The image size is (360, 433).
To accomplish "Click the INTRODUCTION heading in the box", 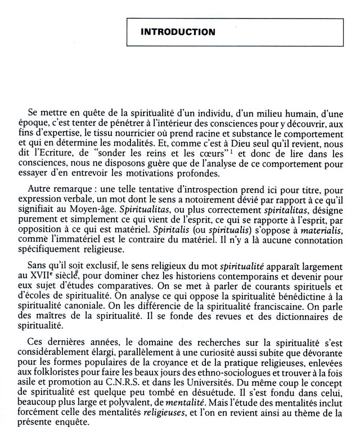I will (x=178, y=33).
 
